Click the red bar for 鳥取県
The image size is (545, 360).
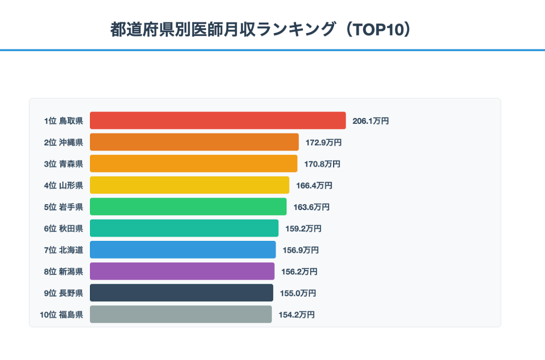pyautogui.click(x=218, y=121)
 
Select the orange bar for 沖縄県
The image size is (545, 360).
pyautogui.click(x=194, y=142)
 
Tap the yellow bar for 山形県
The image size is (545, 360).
pyautogui.click(x=189, y=185)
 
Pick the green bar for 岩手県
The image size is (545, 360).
pyautogui.click(x=188, y=207)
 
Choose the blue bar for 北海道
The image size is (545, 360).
pyautogui.click(x=183, y=250)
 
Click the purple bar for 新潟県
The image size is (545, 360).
pyautogui.click(x=182, y=271)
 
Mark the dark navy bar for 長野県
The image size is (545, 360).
pyautogui.click(x=181, y=293)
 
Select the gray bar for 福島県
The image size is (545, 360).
pyautogui.click(x=180, y=314)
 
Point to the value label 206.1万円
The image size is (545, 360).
pyautogui.click(x=370, y=121)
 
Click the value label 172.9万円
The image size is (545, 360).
pyautogui.click(x=323, y=143)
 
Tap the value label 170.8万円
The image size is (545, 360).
pyautogui.click(x=322, y=164)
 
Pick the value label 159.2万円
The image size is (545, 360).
pyautogui.click(x=303, y=229)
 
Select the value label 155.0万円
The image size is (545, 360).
pyautogui.click(x=298, y=293)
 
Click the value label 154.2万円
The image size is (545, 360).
pyautogui.click(x=296, y=315)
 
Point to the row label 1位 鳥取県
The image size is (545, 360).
pyautogui.click(x=63, y=121)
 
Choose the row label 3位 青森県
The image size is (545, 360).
pyautogui.click(x=63, y=164)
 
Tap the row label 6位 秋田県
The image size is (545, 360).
pyautogui.click(x=63, y=229)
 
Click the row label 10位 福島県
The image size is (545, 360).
pyautogui.click(x=61, y=315)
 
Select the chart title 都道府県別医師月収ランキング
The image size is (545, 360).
pyautogui.click(x=224, y=29)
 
